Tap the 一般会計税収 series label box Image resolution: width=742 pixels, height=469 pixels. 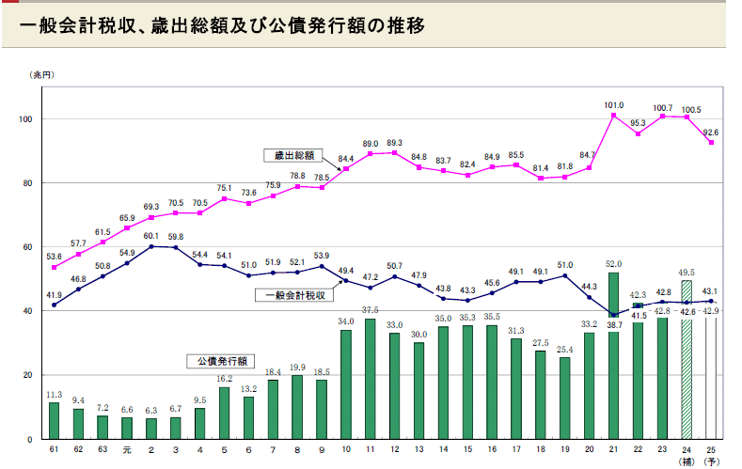[x=294, y=295]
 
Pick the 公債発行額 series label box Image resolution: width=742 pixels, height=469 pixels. [x=218, y=360]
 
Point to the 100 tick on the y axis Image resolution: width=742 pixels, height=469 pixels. [x=25, y=119]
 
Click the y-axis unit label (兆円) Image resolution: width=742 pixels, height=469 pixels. [x=43, y=73]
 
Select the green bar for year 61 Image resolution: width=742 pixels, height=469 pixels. [x=55, y=420]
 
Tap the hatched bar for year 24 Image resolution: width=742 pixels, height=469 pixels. [x=687, y=359]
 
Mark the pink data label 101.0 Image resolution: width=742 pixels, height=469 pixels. [x=614, y=105]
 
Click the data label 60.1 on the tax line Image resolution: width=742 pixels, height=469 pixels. [x=151, y=237]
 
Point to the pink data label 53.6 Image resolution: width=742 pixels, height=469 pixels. [x=54, y=256]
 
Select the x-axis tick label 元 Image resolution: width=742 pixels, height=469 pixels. [x=127, y=451]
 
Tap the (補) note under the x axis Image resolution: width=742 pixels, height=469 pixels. [x=687, y=462]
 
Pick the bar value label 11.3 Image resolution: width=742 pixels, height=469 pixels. [x=55, y=395]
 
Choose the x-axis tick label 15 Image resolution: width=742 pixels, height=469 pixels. [x=467, y=451]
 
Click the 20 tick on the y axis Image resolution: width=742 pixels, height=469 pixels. [x=27, y=375]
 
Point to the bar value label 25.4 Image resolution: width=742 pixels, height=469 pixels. [x=565, y=350]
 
